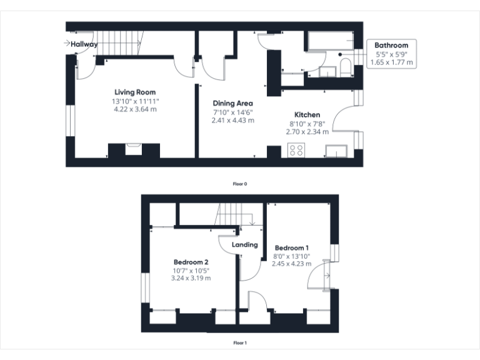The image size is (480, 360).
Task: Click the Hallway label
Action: pyautogui.click(x=84, y=44)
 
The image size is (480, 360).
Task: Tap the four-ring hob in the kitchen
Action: pyautogui.click(x=296, y=151)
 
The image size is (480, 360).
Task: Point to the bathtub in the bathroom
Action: pyautogui.click(x=329, y=43)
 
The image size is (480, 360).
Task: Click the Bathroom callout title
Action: pyautogui.click(x=391, y=45)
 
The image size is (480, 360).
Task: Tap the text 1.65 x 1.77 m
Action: pyautogui.click(x=391, y=62)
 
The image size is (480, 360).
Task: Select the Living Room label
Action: pyautogui.click(x=134, y=92)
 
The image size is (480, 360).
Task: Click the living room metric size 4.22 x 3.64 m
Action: pyautogui.click(x=134, y=109)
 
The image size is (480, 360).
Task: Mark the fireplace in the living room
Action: pyautogui.click(x=134, y=150)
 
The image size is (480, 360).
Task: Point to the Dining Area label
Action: pyautogui.click(x=232, y=103)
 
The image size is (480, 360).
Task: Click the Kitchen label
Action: pyautogui.click(x=307, y=115)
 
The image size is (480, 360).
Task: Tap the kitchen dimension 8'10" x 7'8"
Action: pyautogui.click(x=307, y=124)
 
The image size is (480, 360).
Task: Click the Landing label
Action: pyautogui.click(x=244, y=244)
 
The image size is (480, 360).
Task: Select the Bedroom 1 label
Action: pyautogui.click(x=291, y=247)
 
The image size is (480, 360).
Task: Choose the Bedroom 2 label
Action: pyautogui.click(x=191, y=262)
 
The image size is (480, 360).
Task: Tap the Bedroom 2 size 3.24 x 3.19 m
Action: pyautogui.click(x=191, y=278)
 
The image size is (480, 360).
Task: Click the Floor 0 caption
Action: pyautogui.click(x=240, y=184)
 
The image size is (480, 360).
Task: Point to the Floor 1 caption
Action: pyautogui.click(x=240, y=343)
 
